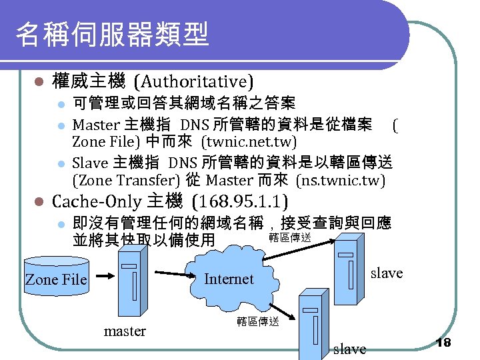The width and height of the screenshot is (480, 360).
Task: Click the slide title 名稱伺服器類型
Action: tap(112, 35)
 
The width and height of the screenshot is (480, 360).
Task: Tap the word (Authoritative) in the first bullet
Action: tap(193, 83)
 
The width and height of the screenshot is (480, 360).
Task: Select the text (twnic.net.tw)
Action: tap(249, 142)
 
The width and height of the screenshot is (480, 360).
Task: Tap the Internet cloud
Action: tap(229, 278)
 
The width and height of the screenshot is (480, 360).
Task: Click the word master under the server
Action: tap(125, 331)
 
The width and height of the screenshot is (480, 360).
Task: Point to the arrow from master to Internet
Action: tap(177, 273)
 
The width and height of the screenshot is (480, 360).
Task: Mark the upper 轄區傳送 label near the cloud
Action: tap(289, 237)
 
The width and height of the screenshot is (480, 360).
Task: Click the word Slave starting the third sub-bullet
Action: tap(90, 162)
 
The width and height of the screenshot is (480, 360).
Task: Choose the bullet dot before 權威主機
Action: tap(39, 83)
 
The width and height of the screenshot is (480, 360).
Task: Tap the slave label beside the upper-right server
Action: tap(387, 273)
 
